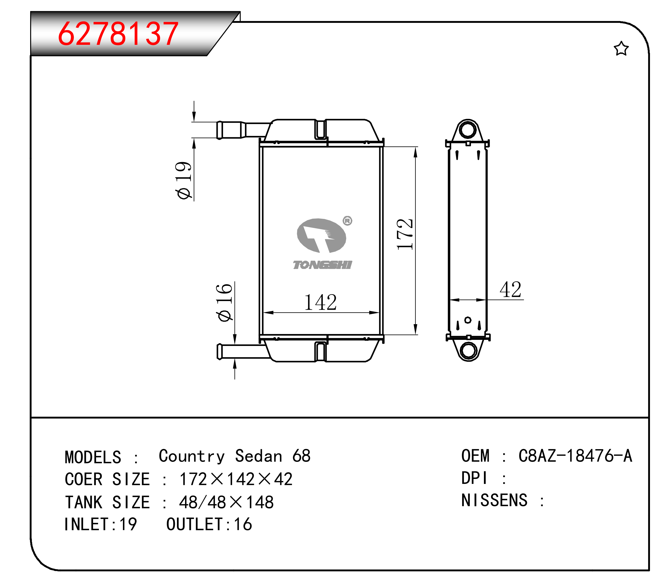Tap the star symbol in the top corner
pyautogui.click(x=621, y=49)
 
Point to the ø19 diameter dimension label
pyautogui.click(x=183, y=180)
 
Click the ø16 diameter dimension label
pyautogui.click(x=224, y=302)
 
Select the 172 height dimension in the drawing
pyautogui.click(x=405, y=234)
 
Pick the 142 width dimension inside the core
pyautogui.click(x=320, y=302)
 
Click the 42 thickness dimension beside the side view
pyautogui.click(x=511, y=290)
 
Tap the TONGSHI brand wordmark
pyautogui.click(x=322, y=265)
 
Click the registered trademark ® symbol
pyautogui.click(x=347, y=221)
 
